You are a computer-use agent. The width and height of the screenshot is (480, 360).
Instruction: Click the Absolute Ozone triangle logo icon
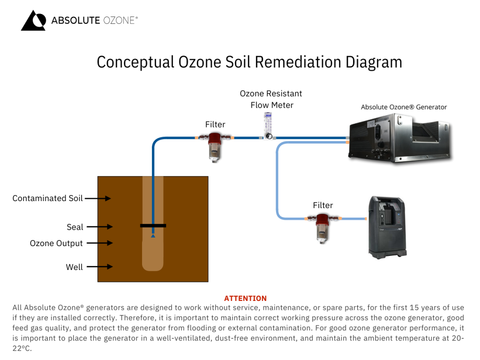click(x=33, y=21)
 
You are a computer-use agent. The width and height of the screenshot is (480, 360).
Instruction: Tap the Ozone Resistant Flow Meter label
click(x=271, y=99)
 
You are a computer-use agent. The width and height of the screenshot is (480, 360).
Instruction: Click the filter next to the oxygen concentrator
click(x=322, y=226)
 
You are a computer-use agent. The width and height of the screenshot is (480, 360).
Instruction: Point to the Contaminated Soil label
click(x=47, y=198)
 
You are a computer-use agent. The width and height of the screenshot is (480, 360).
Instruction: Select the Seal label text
click(x=75, y=227)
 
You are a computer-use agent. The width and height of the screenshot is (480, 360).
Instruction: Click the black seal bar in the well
click(x=153, y=225)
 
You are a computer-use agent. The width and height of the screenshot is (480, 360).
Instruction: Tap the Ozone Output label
click(x=56, y=243)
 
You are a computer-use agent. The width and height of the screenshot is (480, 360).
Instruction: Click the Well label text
click(x=74, y=267)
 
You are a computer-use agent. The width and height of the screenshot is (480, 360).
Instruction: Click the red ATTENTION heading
click(x=245, y=299)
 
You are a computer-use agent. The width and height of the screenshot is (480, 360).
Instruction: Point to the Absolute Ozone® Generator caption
click(x=404, y=107)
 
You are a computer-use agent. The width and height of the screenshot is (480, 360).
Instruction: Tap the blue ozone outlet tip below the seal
click(x=153, y=236)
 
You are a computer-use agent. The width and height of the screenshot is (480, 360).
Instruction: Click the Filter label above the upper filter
click(x=215, y=124)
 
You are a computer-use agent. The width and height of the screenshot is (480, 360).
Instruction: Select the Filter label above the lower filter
click(x=322, y=205)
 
